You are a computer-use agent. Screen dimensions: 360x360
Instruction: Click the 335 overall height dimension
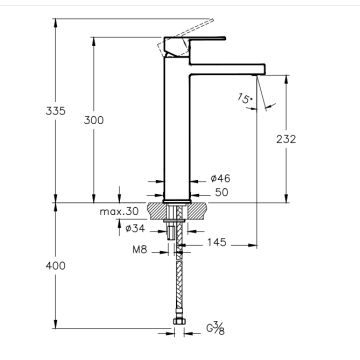tap(56, 111)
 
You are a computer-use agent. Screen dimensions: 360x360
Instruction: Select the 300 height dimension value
tap(94, 120)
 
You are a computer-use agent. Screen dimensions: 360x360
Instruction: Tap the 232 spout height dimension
tap(286, 139)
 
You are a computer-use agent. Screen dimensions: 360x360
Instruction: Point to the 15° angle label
tap(245, 98)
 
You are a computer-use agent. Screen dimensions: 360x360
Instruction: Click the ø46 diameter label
tap(221, 178)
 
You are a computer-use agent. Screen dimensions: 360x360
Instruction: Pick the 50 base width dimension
tap(222, 192)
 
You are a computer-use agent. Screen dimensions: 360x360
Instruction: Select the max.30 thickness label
tap(119, 211)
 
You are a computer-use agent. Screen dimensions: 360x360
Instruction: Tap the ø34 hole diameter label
tap(135, 228)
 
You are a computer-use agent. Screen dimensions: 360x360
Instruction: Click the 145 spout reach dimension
tap(217, 242)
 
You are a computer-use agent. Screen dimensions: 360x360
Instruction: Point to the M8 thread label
tap(140, 250)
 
